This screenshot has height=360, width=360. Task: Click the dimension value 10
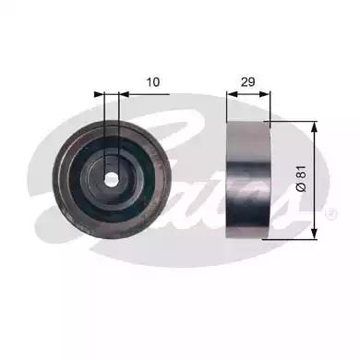click(154, 82)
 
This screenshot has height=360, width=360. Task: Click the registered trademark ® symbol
click(330, 213)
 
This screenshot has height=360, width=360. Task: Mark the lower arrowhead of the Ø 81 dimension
click(314, 232)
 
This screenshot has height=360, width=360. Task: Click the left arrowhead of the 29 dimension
click(232, 92)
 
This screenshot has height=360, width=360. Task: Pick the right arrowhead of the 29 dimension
click(263, 92)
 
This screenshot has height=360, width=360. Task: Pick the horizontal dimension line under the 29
click(247, 92)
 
